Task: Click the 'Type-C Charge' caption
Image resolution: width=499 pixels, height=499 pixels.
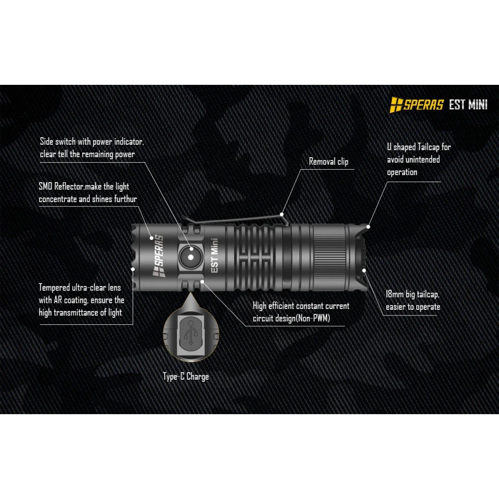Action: [x=186, y=377]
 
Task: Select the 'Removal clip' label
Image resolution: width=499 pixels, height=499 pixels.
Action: [x=328, y=161]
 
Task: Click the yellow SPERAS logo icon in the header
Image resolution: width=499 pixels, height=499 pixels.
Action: [x=397, y=105]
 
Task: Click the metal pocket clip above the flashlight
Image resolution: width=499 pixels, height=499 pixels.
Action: [x=235, y=219]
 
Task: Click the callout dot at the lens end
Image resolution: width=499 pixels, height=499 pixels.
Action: [x=133, y=269]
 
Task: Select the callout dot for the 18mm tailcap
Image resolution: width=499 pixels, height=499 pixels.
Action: [x=365, y=270]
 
